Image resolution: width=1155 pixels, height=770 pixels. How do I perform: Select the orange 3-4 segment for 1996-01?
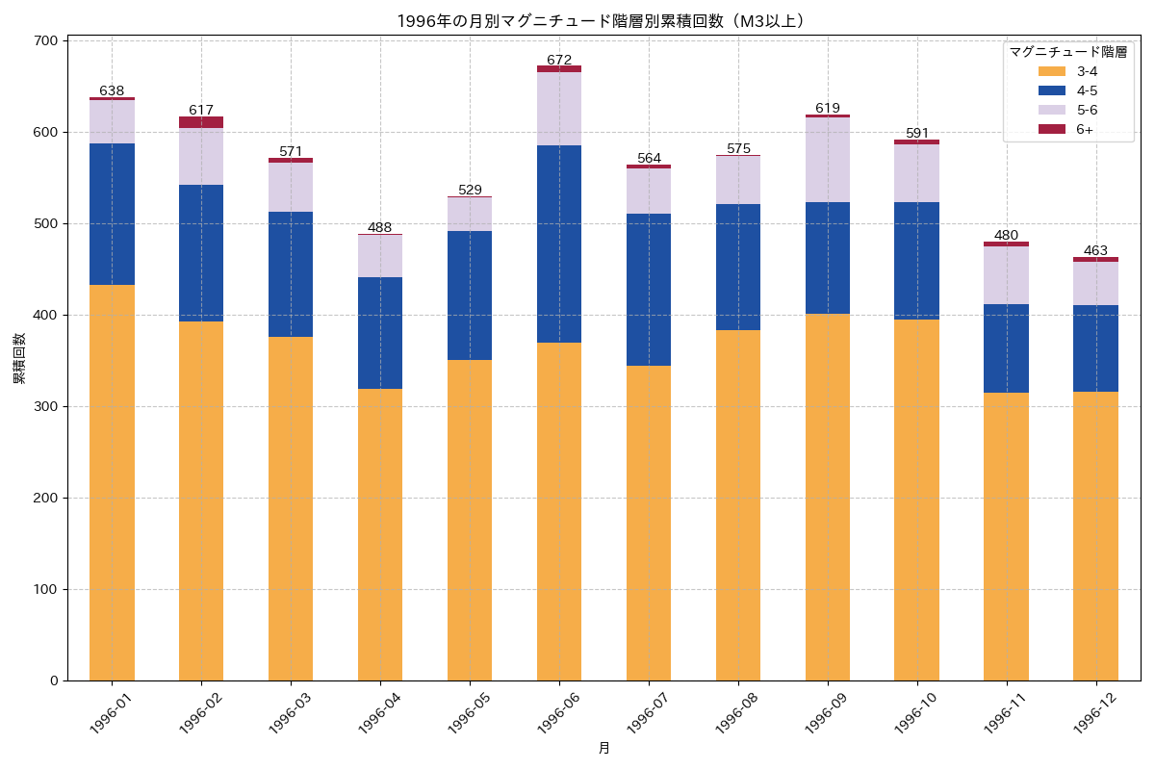112,482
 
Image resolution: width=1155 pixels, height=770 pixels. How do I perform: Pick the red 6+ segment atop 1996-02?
201,122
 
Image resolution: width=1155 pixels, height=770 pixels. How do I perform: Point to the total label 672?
559,60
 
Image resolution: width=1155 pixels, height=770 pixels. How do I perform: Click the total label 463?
1095,250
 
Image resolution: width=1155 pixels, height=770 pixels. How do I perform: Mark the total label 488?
380,227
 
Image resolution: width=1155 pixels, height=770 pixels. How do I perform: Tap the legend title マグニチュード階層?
1067,52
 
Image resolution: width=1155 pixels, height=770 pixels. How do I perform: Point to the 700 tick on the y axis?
48,40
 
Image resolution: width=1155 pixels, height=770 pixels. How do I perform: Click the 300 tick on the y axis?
48,406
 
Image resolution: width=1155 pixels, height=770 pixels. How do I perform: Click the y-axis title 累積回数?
18,360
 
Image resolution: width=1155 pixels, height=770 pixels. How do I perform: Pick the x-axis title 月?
603,748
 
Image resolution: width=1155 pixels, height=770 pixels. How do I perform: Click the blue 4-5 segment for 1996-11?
1006,348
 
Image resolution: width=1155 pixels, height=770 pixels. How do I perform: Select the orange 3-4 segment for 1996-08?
738,505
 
